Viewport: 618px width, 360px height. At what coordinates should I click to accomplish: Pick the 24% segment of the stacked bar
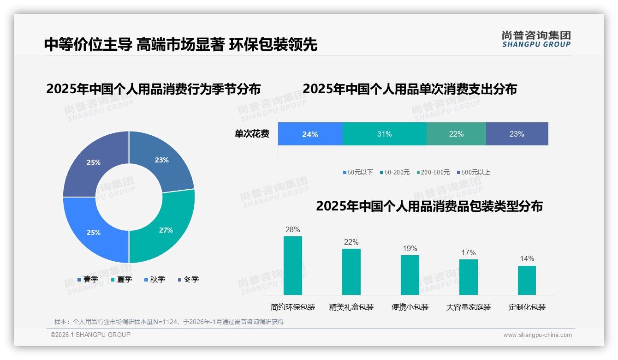310,134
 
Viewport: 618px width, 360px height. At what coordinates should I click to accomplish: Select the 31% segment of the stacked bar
384,134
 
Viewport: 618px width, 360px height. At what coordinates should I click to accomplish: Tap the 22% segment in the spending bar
456,134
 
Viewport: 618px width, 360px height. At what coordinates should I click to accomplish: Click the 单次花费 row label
252,134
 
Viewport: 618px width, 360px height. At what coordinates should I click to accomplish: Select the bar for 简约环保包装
292,265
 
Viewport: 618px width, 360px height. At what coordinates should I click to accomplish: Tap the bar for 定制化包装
527,280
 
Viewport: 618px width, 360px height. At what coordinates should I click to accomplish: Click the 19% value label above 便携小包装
410,249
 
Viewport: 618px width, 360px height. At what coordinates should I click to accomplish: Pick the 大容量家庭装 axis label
468,307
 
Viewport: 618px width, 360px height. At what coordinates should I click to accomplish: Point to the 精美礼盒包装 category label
351,307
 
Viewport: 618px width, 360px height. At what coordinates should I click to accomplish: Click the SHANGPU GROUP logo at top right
536,39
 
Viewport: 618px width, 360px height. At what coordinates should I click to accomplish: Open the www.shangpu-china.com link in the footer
537,335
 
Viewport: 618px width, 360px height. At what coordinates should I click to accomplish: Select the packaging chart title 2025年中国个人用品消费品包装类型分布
429,206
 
